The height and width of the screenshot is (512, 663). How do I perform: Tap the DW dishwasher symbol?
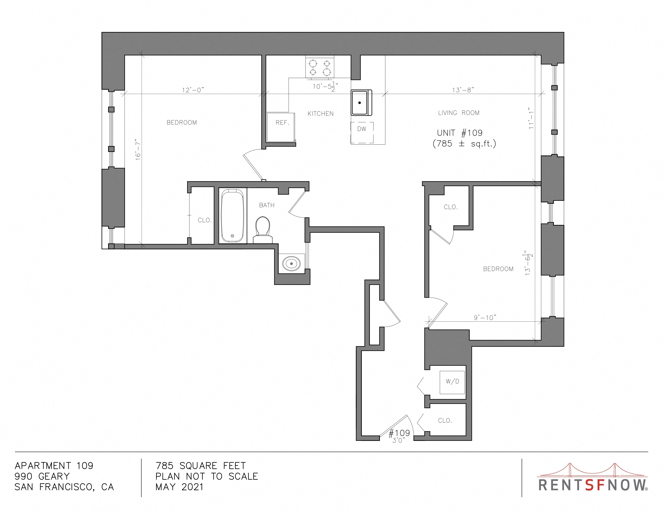click(362, 133)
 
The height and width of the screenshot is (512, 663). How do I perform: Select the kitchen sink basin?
click(361, 103)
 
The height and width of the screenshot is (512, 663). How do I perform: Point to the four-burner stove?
click(320, 68)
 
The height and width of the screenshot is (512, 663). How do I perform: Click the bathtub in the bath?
click(232, 216)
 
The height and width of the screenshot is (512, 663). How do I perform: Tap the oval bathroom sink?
click(292, 264)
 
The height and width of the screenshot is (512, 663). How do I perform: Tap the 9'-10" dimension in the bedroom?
click(485, 318)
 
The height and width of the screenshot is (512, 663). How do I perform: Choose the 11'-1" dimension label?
click(531, 118)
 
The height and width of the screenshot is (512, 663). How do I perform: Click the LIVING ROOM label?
click(459, 113)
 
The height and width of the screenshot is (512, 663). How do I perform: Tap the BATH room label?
click(267, 205)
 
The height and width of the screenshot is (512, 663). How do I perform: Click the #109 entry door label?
click(399, 433)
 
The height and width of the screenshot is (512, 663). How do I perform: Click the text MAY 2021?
click(179, 487)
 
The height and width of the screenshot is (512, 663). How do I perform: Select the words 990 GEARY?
click(42, 476)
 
